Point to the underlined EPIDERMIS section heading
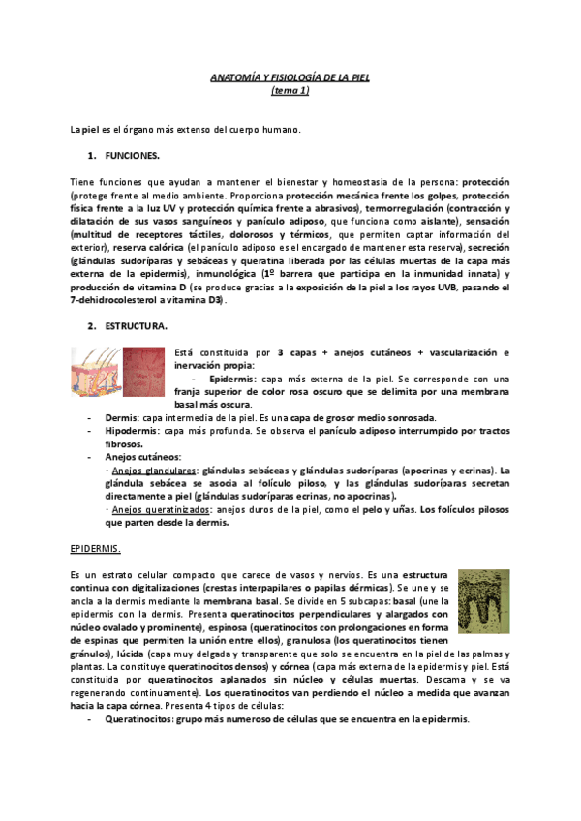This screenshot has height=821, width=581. point(96,548)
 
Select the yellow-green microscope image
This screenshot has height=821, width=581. point(483,605)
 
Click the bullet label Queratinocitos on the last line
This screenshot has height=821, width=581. point(141,720)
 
